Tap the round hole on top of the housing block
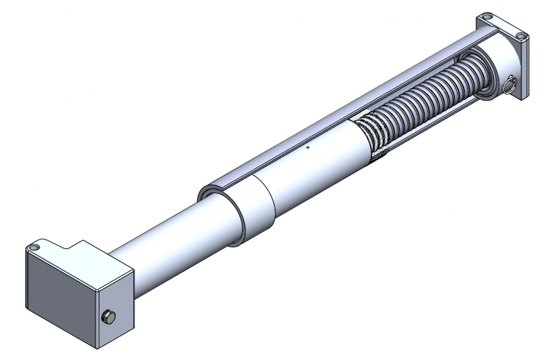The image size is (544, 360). tap(35, 247)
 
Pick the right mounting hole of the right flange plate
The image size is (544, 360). tap(521, 36)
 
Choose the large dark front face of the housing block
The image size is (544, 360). tap(61, 301)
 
